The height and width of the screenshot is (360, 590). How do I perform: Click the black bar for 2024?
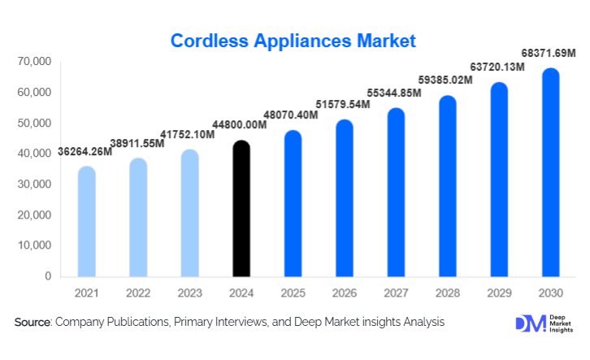pyautogui.click(x=241, y=210)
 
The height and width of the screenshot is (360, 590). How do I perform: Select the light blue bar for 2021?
pyautogui.click(x=86, y=222)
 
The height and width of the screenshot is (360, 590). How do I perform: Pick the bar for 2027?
pyautogui.click(x=396, y=193)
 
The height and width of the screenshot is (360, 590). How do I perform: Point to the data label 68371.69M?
pyautogui.click(x=548, y=53)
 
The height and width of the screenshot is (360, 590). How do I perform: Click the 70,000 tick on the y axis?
pyautogui.click(x=33, y=62)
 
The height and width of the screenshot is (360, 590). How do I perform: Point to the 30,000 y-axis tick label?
pyautogui.click(x=33, y=184)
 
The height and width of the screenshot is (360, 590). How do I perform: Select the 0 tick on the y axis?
pyautogui.click(x=47, y=276)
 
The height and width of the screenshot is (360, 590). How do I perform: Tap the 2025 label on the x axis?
pyautogui.click(x=293, y=292)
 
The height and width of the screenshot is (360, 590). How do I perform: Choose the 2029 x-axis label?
pyautogui.click(x=499, y=292)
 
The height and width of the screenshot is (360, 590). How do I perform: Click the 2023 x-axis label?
pyautogui.click(x=189, y=292)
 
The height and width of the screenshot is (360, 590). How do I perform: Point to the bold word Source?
pyautogui.click(x=33, y=323)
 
